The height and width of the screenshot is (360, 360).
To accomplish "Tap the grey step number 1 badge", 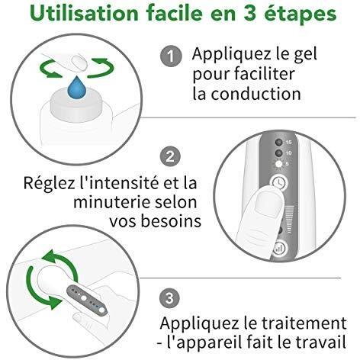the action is coord(171,56).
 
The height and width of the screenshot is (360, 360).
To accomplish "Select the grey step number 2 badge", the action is coord(170,156).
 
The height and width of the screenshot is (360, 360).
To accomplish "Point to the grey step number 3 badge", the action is coord(169,298).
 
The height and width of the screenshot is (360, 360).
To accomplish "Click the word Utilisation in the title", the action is coord(84,13).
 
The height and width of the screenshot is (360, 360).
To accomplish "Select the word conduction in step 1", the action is coord(256,94).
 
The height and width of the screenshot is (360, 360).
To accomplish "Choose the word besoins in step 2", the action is coord(171,221).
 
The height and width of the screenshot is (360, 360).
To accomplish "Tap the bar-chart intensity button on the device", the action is coord(278,248).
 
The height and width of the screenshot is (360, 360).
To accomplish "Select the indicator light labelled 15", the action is coord(279,142).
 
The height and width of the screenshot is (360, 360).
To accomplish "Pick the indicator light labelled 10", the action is coord(279,153).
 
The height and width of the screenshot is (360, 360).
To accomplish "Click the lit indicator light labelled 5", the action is coord(279,164).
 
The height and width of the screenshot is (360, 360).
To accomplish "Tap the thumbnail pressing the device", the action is coord(269,203).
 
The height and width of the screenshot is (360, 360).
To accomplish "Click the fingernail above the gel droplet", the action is coord(79,63).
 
